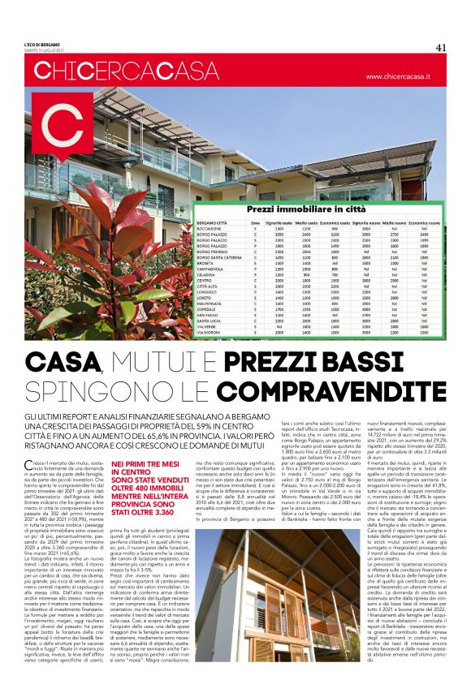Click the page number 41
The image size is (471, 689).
(x=441, y=47)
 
